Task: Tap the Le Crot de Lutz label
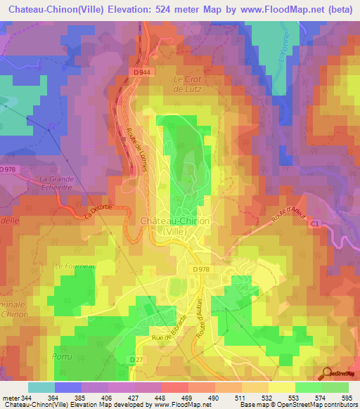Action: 187,84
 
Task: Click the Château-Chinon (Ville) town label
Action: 175,225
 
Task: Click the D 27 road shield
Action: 136,358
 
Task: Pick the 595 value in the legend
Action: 346,398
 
